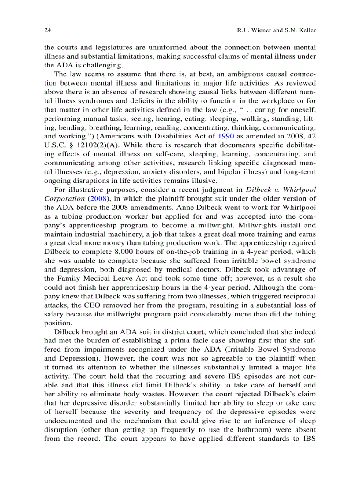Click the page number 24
[x=48, y=30]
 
